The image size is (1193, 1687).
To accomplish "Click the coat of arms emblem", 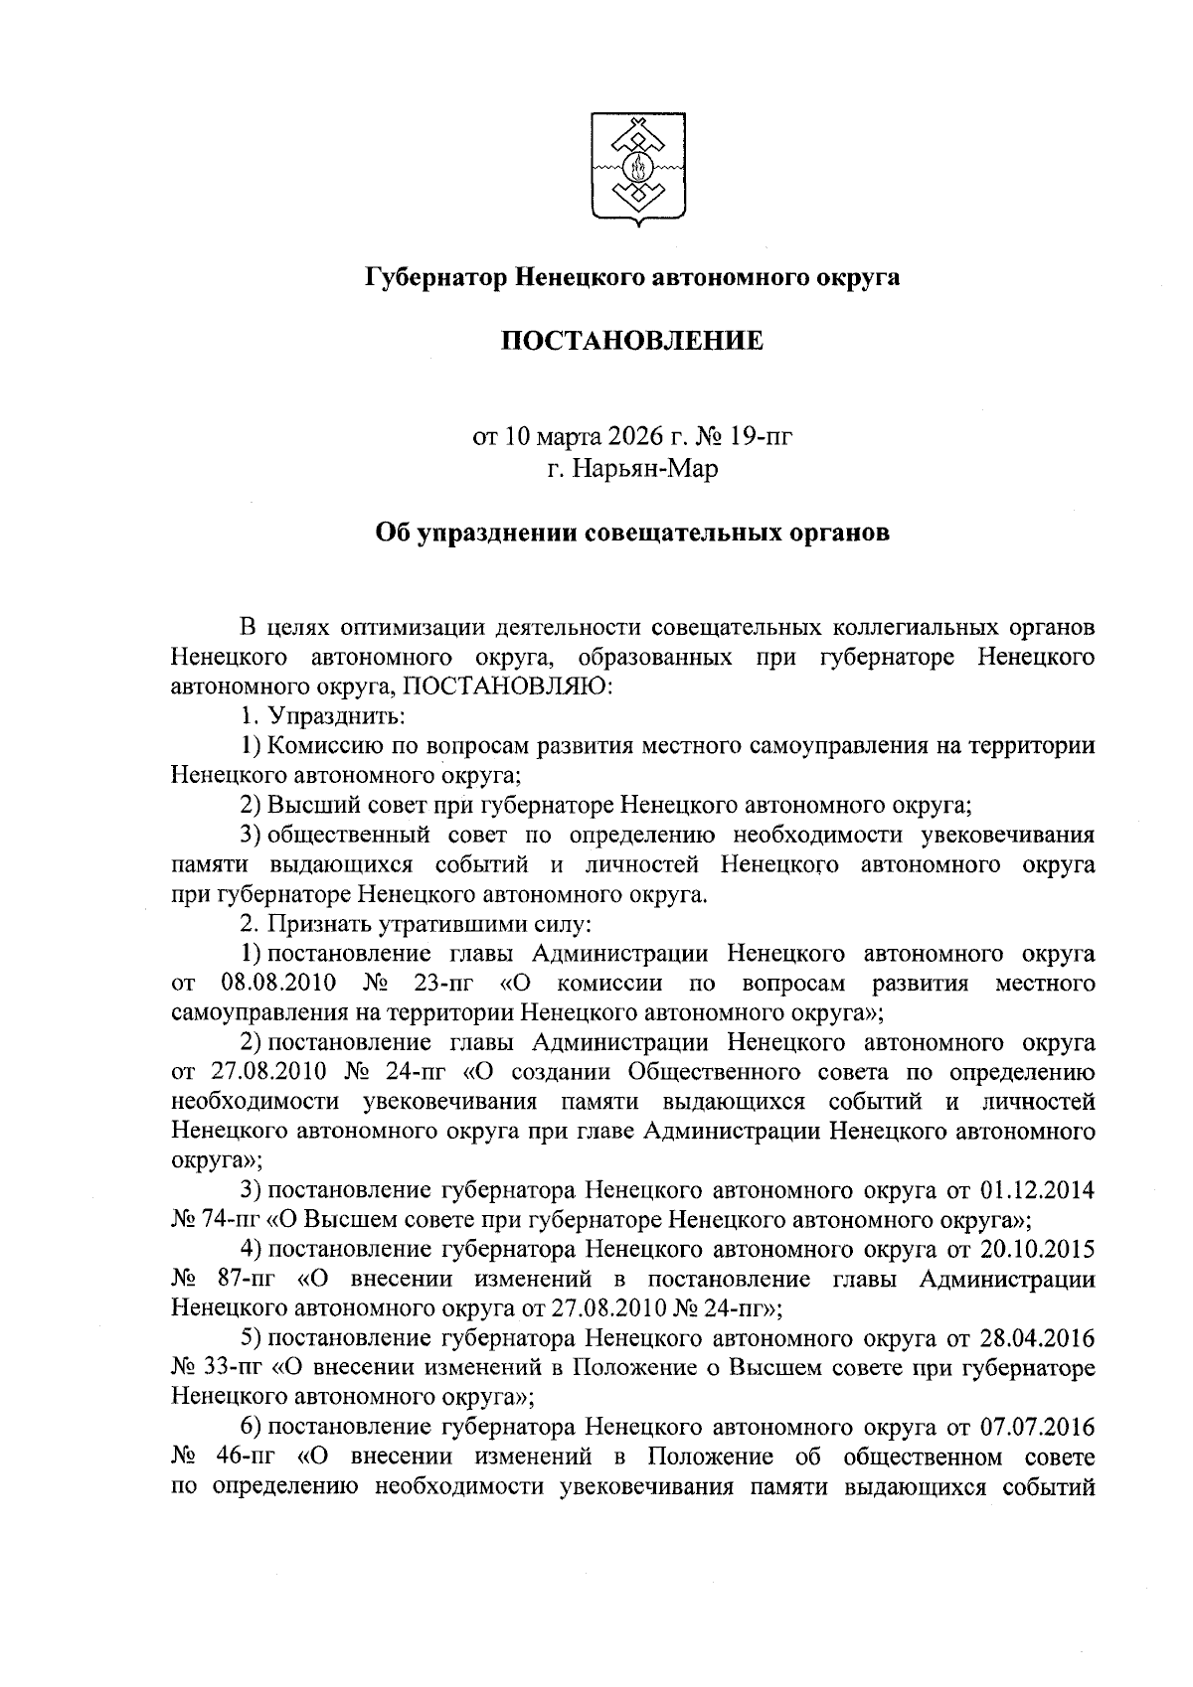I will (633, 168).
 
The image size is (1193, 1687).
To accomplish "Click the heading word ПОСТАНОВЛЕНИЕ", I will (632, 342).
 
